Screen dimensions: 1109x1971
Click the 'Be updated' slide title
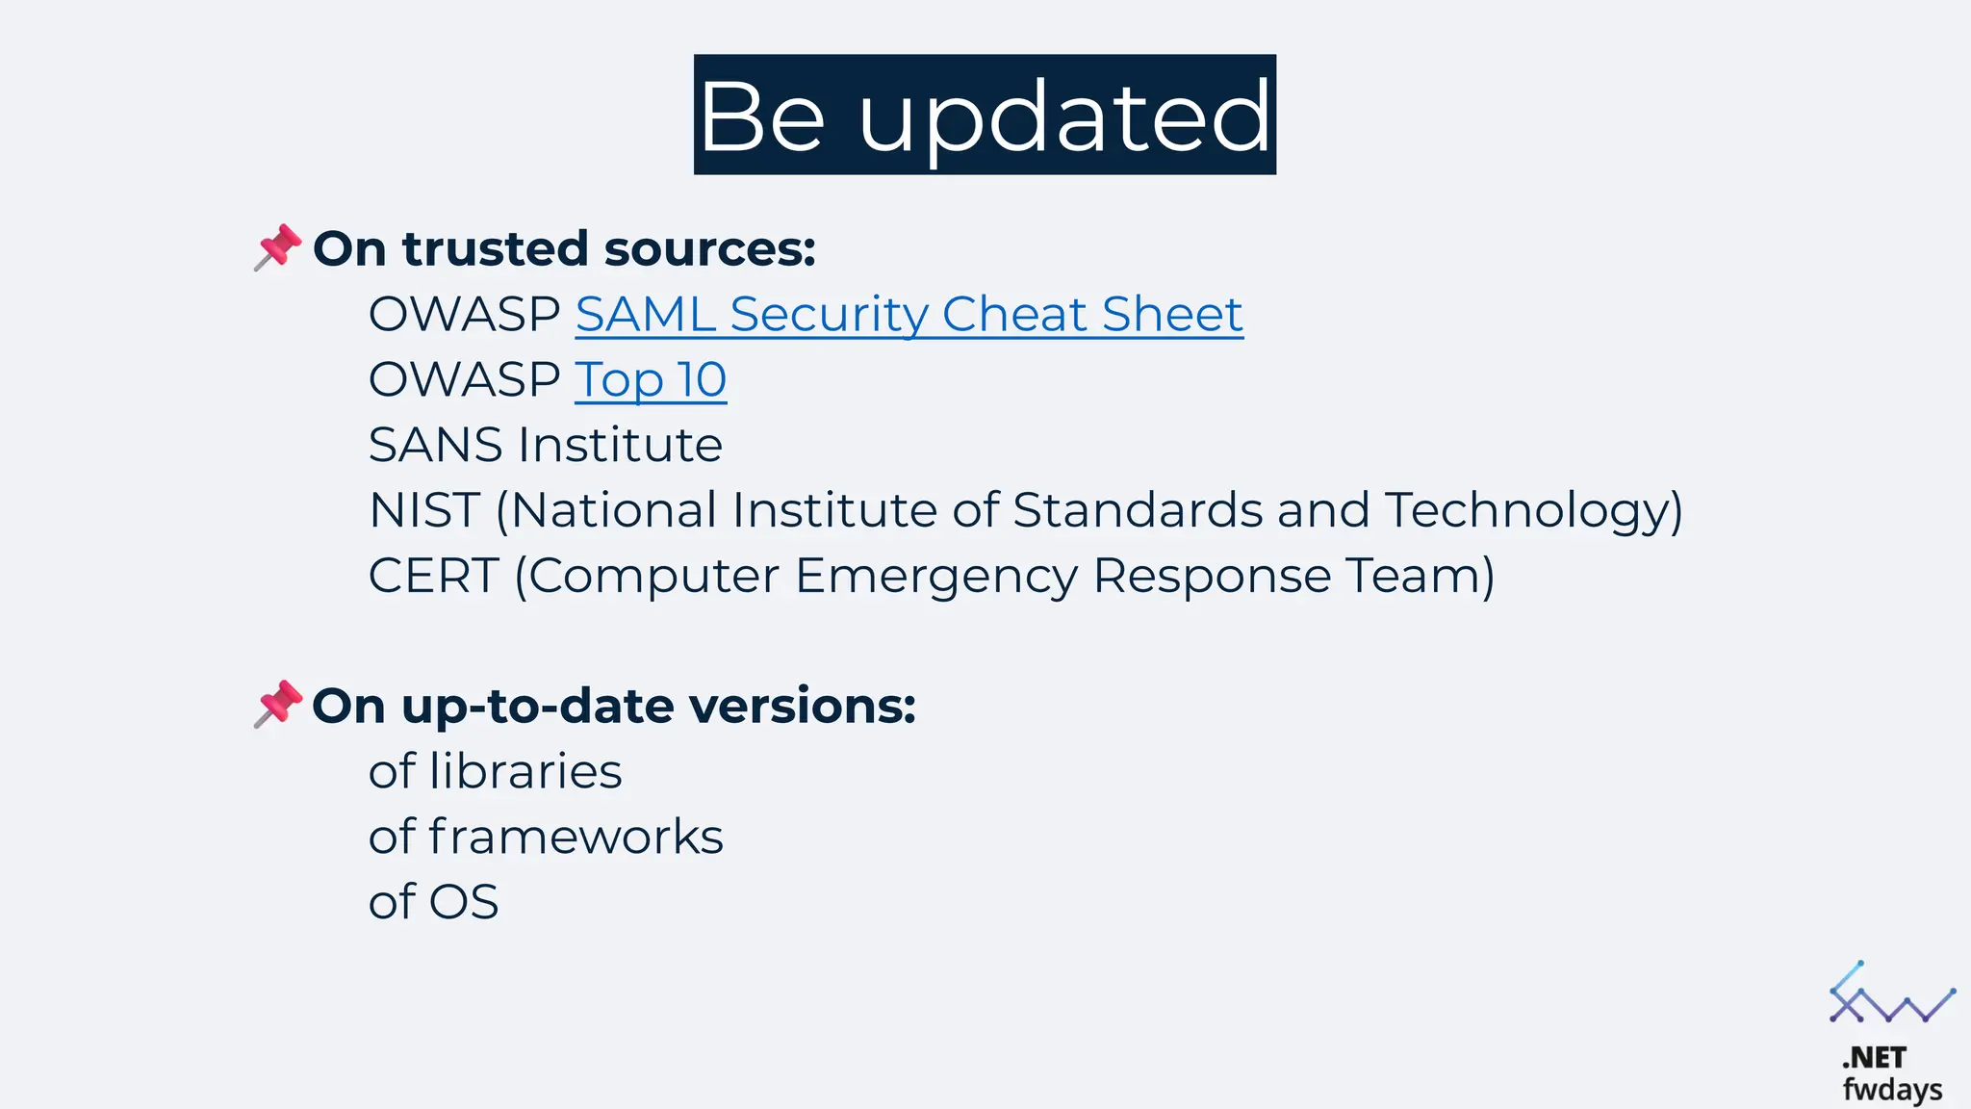point(985,115)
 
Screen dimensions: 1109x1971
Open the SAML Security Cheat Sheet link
point(909,315)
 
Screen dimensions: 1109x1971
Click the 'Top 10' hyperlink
point(651,380)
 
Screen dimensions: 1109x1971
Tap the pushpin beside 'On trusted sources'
point(277,247)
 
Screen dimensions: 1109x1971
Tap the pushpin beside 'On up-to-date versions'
point(277,704)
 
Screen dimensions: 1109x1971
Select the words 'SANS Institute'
point(545,446)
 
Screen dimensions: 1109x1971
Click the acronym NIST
point(423,510)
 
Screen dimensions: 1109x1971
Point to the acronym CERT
point(432,576)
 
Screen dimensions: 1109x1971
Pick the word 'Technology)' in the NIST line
point(1533,511)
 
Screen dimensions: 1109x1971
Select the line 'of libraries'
point(495,772)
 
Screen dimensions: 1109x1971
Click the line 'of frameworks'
point(545,837)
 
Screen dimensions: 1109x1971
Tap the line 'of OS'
point(433,902)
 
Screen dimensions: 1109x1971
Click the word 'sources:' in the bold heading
point(709,249)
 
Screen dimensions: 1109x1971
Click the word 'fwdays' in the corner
point(1892,1090)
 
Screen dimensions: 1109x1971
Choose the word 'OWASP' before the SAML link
point(464,315)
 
